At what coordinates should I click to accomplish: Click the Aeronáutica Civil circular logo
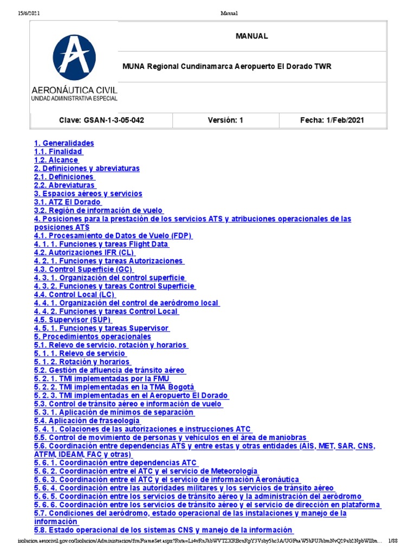pyautogui.click(x=74, y=57)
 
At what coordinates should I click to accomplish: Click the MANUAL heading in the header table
pyautogui.click(x=251, y=36)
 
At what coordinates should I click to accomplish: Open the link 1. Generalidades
pyautogui.click(x=64, y=143)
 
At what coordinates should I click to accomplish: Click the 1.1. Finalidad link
pyautogui.click(x=58, y=152)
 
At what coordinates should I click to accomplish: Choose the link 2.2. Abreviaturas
pyautogui.click(x=65, y=185)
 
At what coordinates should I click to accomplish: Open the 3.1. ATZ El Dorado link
pyautogui.click(x=68, y=202)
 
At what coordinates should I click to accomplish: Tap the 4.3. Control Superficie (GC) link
pyautogui.click(x=84, y=269)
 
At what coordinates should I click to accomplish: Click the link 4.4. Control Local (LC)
pyautogui.click(x=75, y=295)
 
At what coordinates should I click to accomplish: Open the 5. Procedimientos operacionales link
pyautogui.click(x=93, y=337)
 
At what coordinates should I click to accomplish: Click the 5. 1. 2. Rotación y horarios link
pyautogui.click(x=82, y=362)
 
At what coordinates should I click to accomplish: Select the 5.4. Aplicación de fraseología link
pyautogui.click(x=87, y=421)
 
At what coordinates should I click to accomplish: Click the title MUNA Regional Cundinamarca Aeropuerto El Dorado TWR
pyautogui.click(x=227, y=67)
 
